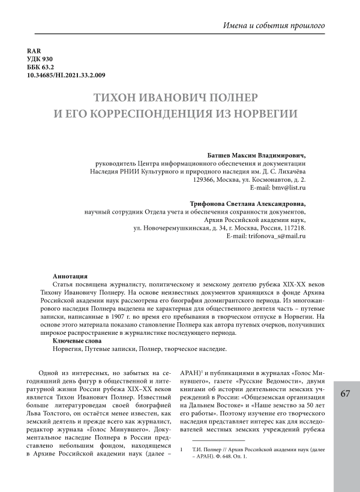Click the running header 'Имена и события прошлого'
274,26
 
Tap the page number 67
344,394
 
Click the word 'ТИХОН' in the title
116,97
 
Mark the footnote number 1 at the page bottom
181,448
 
